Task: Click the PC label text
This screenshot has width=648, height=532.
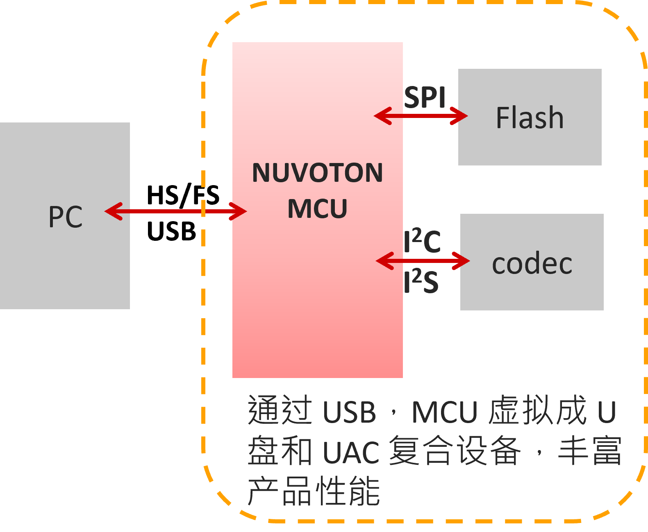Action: pyautogui.click(x=66, y=217)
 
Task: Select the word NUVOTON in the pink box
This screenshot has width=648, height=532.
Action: pyautogui.click(x=317, y=173)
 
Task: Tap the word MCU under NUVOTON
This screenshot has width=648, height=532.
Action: pyautogui.click(x=317, y=209)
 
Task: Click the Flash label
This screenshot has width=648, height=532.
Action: pyautogui.click(x=530, y=118)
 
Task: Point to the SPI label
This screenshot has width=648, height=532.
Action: pyautogui.click(x=425, y=97)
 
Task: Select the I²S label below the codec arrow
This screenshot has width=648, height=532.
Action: pyautogui.click(x=421, y=282)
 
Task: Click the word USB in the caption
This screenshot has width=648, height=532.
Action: pyautogui.click(x=349, y=412)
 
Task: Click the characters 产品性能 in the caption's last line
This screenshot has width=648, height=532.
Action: pyautogui.click(x=314, y=491)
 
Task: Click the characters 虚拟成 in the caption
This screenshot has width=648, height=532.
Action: pyautogui.click(x=537, y=410)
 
